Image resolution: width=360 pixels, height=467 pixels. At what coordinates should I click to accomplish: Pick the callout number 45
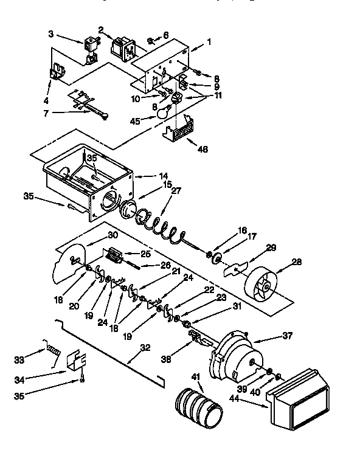click(x=134, y=120)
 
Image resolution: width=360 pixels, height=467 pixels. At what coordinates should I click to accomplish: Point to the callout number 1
click(x=209, y=43)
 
